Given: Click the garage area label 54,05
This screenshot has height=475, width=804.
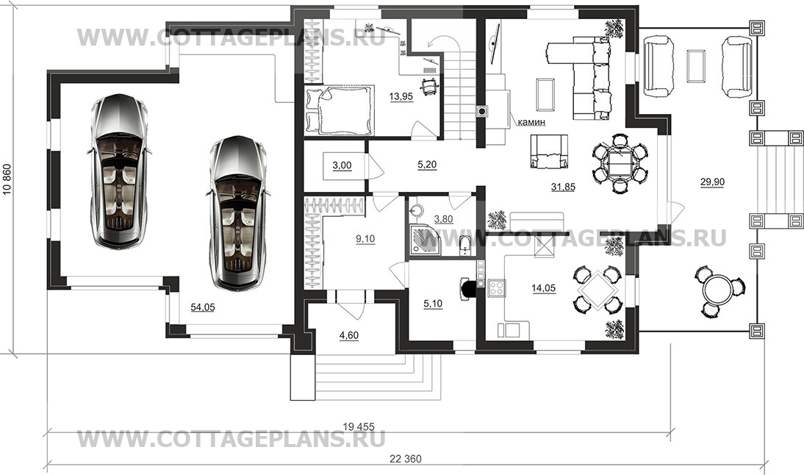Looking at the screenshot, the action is pos(203,308).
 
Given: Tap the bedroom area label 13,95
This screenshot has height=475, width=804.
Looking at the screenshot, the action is pos(401,96).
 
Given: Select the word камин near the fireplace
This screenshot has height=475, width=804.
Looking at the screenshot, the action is pos(531,123).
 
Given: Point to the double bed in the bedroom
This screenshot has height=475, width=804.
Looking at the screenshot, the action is pos(338,110).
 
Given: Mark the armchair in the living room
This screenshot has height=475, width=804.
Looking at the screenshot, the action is pos(549,151).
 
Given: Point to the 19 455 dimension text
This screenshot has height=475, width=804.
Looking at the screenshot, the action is pos(359,426).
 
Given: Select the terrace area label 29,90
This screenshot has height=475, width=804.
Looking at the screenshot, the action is pos(712,182).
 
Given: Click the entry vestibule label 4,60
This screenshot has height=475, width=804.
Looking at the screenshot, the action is pos(349,335).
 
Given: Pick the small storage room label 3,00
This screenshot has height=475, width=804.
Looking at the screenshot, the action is pos(342,165).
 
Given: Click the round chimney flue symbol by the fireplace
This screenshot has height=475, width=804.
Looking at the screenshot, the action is pos(483,110).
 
